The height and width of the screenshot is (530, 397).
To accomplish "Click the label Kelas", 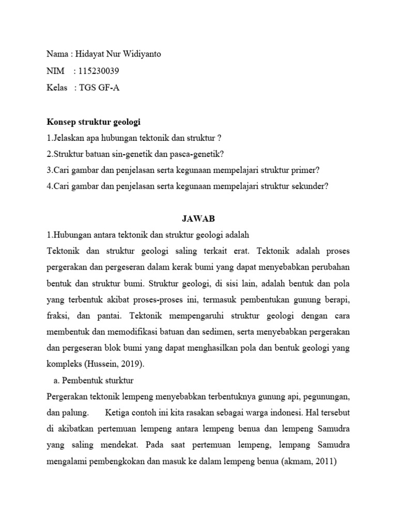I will point(57,88).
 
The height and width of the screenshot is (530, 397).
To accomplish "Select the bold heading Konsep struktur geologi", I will point(94,122).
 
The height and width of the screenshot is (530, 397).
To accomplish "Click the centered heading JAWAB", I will point(198,219).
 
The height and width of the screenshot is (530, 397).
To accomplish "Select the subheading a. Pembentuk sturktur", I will point(94,380).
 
